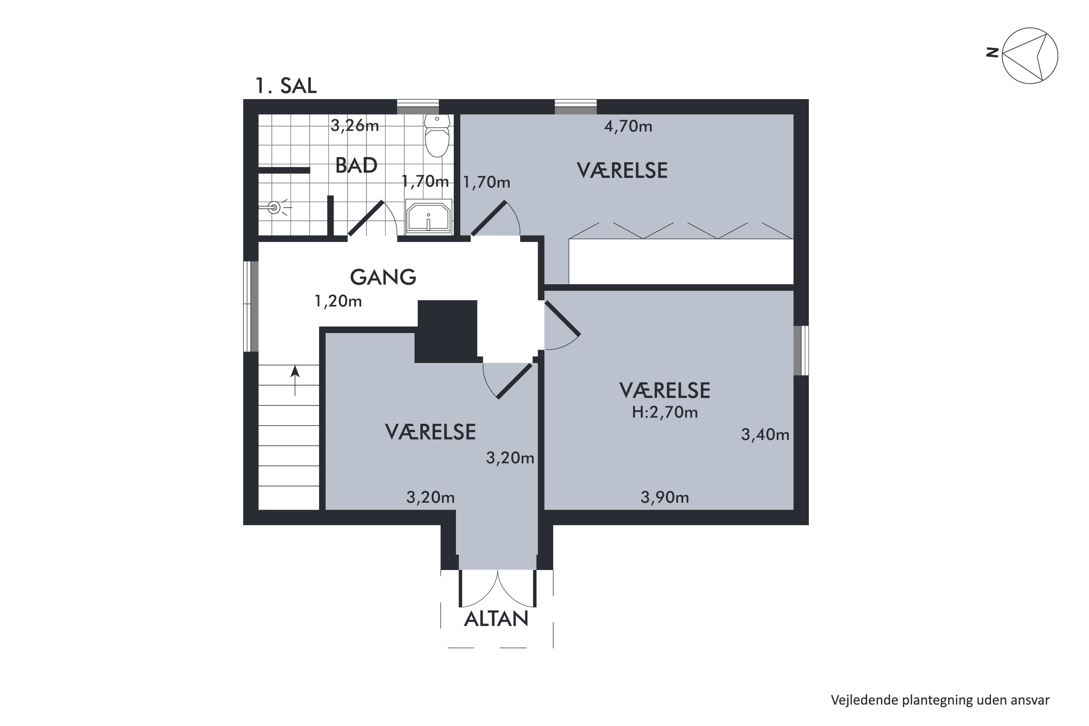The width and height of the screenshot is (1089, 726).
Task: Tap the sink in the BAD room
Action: (428, 217)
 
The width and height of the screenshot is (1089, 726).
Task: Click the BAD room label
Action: (356, 165)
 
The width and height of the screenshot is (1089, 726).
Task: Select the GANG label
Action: (383, 277)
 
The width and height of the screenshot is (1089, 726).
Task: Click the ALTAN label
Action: (496, 619)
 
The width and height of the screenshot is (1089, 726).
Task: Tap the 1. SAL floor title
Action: (286, 86)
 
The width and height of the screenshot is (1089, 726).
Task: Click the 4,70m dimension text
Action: (628, 126)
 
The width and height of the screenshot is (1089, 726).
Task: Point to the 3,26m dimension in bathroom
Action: (355, 126)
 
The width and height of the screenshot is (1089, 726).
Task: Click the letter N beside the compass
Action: (991, 53)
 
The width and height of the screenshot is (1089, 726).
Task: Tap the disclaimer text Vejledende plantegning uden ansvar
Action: (940, 700)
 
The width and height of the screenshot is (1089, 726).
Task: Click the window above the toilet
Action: (418, 107)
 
